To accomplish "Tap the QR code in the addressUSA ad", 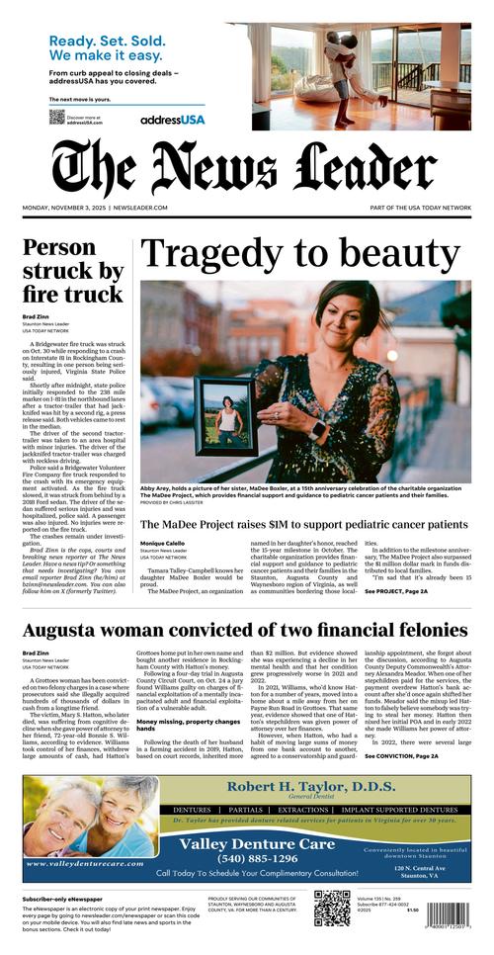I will click(x=56, y=118).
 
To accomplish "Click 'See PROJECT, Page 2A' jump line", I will click(x=396, y=591).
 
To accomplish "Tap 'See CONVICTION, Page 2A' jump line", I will click(x=401, y=756).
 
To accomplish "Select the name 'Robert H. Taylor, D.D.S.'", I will click(x=311, y=787).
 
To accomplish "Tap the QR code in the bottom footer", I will click(x=332, y=909).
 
